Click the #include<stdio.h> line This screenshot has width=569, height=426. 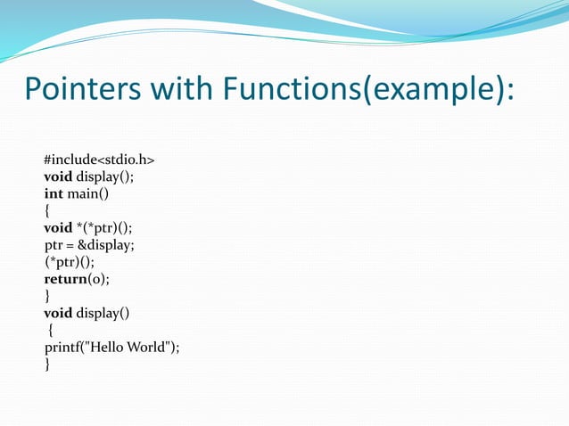[99, 160]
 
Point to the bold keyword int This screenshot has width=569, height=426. [54, 193]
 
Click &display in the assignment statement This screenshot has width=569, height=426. [107, 244]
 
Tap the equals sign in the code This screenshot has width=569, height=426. [70, 244]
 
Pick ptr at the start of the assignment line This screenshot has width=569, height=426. [54, 244]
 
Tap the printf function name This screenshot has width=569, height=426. [62, 347]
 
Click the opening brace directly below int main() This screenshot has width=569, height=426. [47, 210]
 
